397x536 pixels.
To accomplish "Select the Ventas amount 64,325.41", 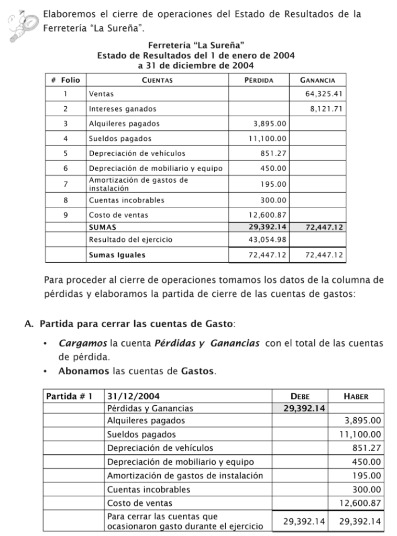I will coord(324,94).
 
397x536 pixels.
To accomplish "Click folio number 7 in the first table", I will coord(65,184).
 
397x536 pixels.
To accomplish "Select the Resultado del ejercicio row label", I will coord(130,239).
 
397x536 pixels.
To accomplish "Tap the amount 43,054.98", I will coord(267,239).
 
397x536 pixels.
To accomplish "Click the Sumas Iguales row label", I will coord(117,255).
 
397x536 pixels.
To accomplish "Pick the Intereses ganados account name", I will coord(123,109).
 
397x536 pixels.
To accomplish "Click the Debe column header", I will coord(300,396).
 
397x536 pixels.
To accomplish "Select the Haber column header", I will coord(356,396).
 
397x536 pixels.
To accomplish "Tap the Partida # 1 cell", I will coord(69,396).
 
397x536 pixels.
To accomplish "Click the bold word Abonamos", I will coord(83,371).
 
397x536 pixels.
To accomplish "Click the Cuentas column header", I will coord(157,80).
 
